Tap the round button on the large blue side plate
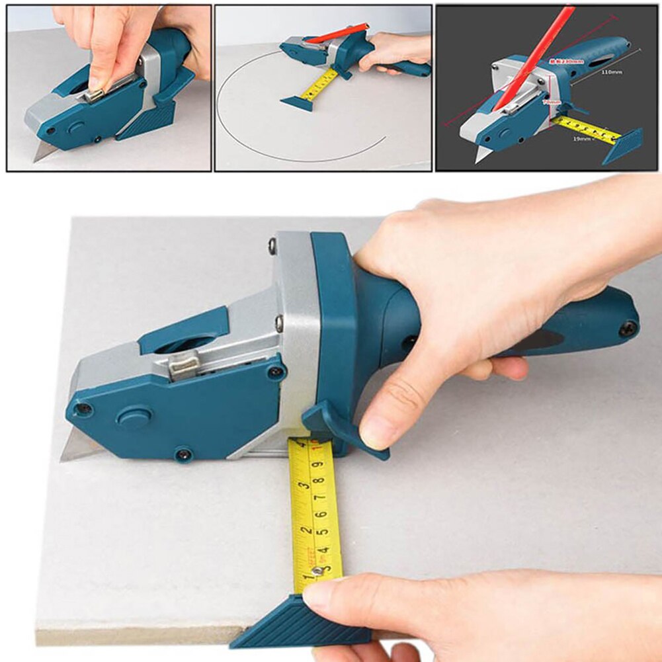pos(134,417)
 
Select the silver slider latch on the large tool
pos(183,366)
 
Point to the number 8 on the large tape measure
pos(319,481)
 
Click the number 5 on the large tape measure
pos(321,530)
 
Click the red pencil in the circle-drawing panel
pos(337,32)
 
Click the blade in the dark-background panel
pos(481,155)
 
